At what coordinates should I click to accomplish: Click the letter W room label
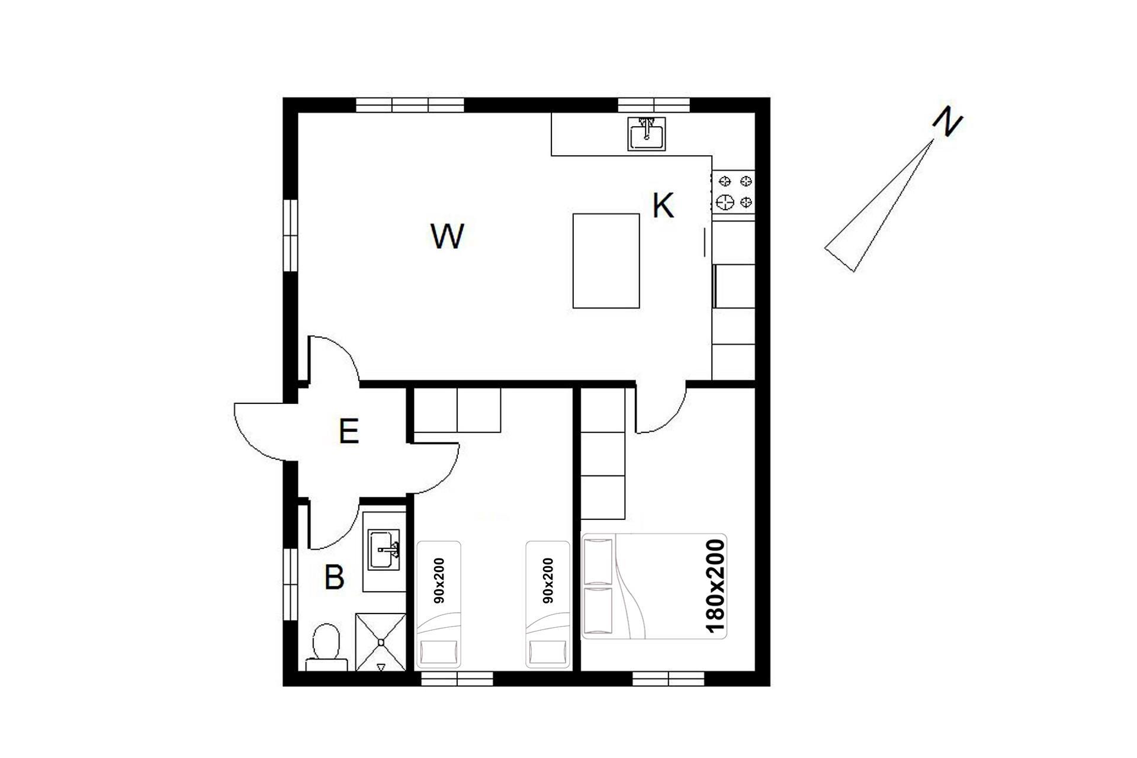[447, 236]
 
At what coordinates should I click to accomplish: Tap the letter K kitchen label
[663, 206]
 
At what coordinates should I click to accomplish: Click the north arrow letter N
[947, 123]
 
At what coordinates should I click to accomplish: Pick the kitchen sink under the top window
[647, 134]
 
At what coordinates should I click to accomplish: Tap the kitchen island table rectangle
[606, 261]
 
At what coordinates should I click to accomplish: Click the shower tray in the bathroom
[381, 642]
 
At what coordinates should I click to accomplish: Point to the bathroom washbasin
[384, 551]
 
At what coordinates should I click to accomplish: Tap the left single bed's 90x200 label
[439, 580]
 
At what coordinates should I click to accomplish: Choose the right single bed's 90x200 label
[548, 580]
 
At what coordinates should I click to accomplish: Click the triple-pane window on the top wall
[410, 105]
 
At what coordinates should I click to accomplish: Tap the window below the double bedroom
[668, 679]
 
